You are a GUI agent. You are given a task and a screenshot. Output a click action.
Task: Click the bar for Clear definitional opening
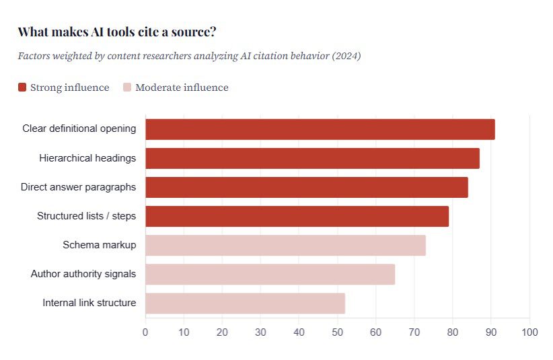pos(320,129)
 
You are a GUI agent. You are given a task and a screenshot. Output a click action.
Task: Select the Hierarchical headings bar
pos(312,158)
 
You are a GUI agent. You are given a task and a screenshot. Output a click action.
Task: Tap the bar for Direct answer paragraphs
pos(306,187)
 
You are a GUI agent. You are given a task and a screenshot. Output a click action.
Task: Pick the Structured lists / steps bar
pos(297,216)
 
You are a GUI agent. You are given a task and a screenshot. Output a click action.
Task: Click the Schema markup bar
pos(285,245)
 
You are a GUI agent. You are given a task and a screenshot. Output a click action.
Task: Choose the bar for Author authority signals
pos(270,274)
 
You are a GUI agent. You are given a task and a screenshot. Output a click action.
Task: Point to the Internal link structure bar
pos(245,303)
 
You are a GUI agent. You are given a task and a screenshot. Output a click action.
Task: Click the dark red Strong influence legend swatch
pos(22,87)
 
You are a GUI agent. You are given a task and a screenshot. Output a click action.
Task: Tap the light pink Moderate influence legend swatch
pos(127,87)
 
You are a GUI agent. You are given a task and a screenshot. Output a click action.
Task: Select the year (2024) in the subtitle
pos(346,56)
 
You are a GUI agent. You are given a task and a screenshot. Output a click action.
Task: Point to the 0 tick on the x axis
pos(145,332)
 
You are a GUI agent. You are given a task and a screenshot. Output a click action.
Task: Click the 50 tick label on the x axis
pos(338,332)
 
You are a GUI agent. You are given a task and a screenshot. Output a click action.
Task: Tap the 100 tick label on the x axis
pos(529,332)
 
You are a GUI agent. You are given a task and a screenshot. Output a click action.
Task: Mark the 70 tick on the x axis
pos(414,332)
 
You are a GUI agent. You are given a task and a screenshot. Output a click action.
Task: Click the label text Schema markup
pos(99,245)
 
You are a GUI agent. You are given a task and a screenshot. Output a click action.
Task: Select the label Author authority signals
pos(83,274)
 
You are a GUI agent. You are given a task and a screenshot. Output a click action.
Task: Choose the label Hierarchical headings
pos(87,158)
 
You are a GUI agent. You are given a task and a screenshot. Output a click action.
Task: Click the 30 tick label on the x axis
pos(260,332)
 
